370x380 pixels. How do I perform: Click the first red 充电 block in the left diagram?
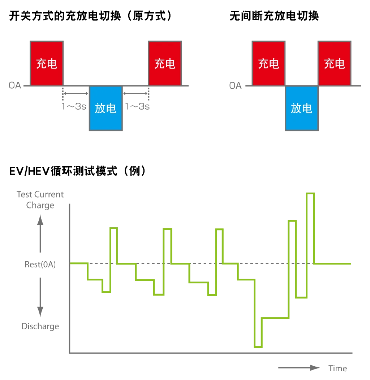47,63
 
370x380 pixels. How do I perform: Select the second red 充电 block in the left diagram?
165,63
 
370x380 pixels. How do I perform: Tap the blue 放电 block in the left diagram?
106,108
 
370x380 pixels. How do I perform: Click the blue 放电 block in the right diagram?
301,108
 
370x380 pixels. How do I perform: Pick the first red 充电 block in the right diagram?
268,63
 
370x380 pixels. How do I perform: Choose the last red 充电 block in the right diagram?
335,63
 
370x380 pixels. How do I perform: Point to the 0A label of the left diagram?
15,85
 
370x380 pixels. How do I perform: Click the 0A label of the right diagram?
235,85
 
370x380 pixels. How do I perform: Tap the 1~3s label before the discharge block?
74,106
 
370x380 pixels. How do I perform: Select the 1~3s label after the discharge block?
137,106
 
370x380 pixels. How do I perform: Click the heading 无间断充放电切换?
274,16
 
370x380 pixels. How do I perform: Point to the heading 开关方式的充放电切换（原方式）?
90,16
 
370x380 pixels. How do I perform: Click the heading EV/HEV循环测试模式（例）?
77,171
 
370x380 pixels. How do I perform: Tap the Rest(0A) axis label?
40,264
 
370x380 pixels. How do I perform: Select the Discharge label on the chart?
40,326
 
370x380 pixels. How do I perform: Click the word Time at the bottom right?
337,368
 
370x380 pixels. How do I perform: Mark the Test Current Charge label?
40,200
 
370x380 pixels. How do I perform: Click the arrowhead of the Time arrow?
315,368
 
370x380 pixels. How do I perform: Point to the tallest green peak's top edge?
310,193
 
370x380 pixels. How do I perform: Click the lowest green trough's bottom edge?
258,347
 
